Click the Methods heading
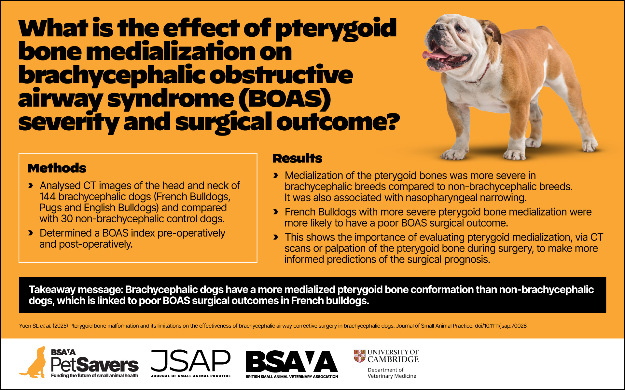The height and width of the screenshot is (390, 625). pyautogui.click(x=57, y=168)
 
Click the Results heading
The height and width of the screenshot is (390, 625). pyautogui.click(x=297, y=158)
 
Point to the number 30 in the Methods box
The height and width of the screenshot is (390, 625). pyautogui.click(x=66, y=219)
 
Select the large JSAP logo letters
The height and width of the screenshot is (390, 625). pyautogui.click(x=191, y=361)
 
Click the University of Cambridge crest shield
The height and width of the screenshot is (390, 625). pyautogui.click(x=359, y=356)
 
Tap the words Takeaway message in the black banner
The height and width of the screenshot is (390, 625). pyautogui.click(x=76, y=290)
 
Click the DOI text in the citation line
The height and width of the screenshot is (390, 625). pyautogui.click(x=501, y=326)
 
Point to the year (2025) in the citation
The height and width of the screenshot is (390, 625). pyautogui.click(x=60, y=326)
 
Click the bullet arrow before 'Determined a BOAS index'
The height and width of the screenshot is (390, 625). pyautogui.click(x=31, y=233)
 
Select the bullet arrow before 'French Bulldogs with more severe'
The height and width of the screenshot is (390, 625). pyautogui.click(x=276, y=212)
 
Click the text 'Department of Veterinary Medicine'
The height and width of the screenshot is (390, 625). pyautogui.click(x=392, y=373)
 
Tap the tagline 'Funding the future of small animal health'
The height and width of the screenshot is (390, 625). pyautogui.click(x=94, y=376)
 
